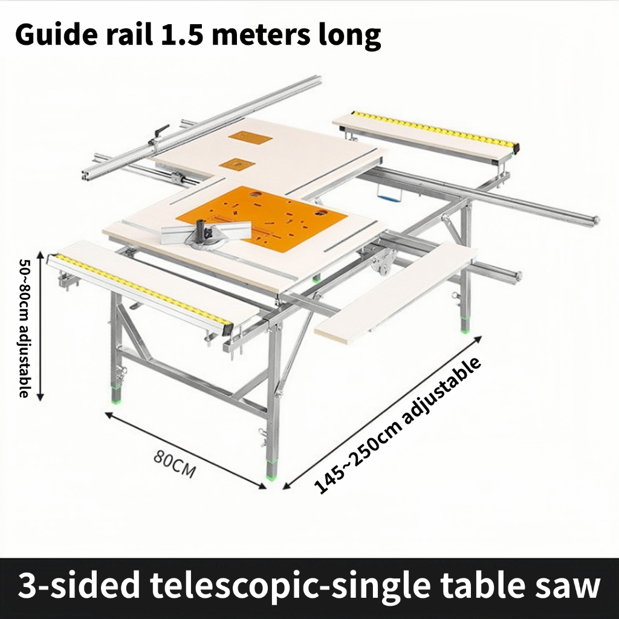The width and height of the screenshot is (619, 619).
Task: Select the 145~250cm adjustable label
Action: pyautogui.click(x=399, y=426)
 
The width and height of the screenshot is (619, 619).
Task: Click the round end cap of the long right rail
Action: pyautogui.click(x=596, y=220)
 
